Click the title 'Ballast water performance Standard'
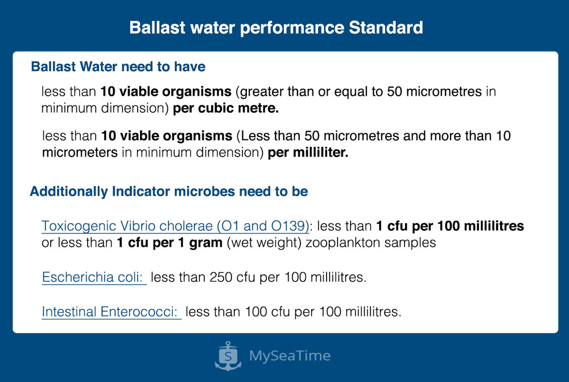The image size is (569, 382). [x=276, y=27]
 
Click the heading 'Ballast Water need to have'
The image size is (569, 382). [x=118, y=67]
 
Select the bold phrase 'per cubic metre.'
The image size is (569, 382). [x=226, y=108]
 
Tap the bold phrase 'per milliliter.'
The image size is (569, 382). [x=308, y=153]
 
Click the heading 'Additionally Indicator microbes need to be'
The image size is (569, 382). [x=169, y=191]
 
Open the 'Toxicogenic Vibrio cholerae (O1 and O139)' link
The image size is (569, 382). [x=175, y=226]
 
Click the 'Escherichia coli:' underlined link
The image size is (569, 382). [x=94, y=277]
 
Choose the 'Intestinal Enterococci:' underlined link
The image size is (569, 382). [x=111, y=311]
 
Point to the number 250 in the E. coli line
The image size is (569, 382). [x=221, y=277]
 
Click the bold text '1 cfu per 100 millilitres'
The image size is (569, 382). [x=450, y=226]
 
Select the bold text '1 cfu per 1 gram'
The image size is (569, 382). [x=170, y=243]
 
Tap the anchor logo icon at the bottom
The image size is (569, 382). [x=228, y=356]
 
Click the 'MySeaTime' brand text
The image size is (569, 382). [x=290, y=355]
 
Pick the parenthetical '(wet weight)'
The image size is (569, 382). [x=264, y=243]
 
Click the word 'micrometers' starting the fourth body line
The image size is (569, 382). [x=80, y=153]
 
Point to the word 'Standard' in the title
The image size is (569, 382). [x=386, y=27]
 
